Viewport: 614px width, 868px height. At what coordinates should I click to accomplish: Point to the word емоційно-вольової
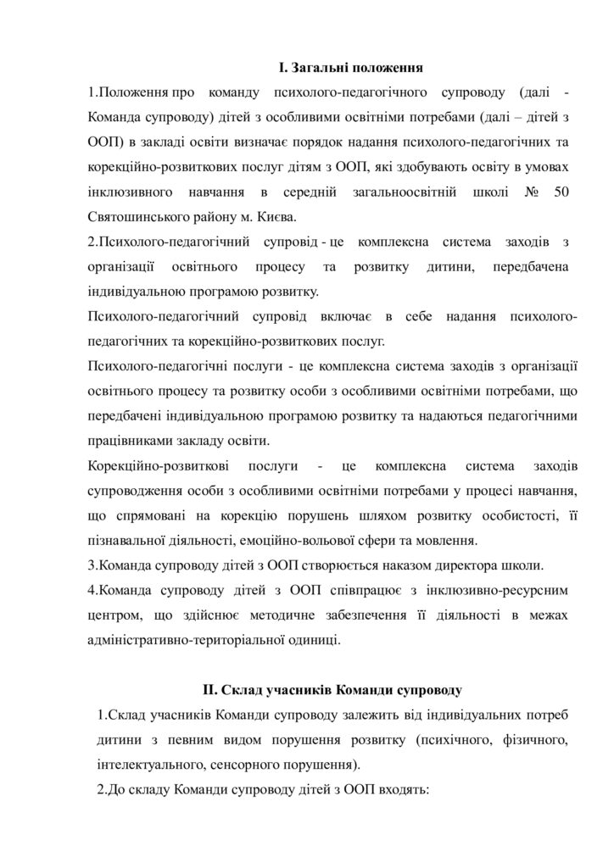pyautogui.click(x=375, y=540)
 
